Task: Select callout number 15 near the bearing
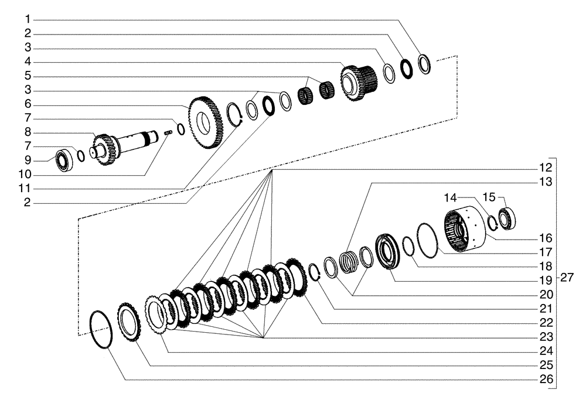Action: (489, 196)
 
